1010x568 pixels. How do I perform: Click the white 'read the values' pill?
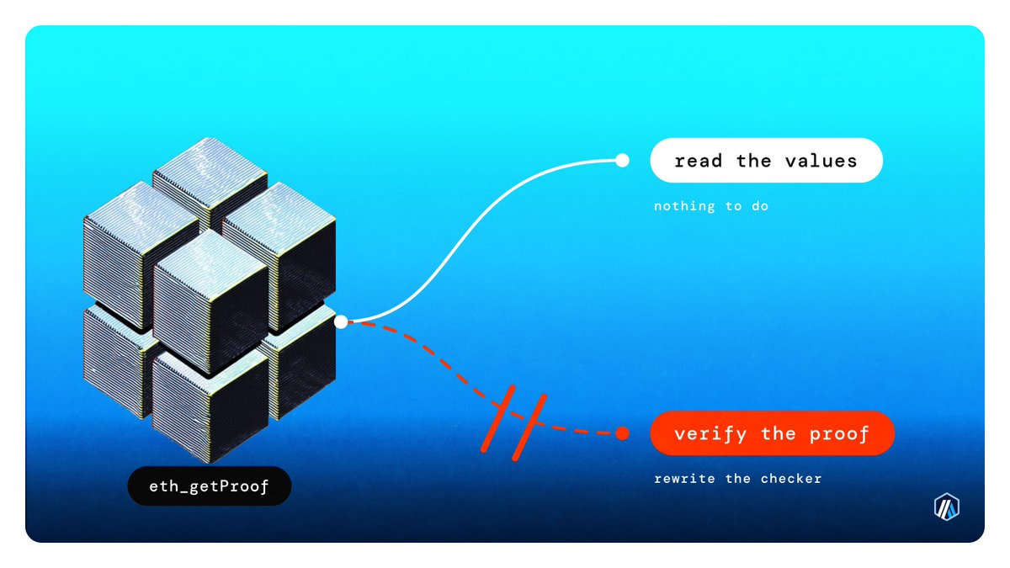(766, 161)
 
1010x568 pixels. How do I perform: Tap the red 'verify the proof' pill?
(772, 433)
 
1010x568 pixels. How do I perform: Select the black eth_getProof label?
(210, 486)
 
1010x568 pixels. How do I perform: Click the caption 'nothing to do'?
(711, 206)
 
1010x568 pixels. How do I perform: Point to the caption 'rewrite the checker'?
(737, 479)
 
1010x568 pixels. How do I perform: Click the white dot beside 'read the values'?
(622, 161)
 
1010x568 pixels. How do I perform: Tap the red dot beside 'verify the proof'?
(622, 433)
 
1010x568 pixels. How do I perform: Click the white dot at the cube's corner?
(341, 321)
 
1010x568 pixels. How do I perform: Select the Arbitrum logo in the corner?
(946, 507)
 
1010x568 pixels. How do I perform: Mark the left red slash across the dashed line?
(497, 419)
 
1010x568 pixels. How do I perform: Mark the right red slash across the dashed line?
(529, 427)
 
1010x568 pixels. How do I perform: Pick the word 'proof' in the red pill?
(838, 434)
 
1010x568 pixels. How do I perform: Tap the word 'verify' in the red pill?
(710, 434)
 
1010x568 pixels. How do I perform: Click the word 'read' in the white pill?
(698, 161)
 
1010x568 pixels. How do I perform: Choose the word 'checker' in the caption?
(791, 479)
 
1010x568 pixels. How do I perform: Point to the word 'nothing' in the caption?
(684, 206)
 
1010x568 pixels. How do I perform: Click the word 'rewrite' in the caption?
(684, 479)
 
